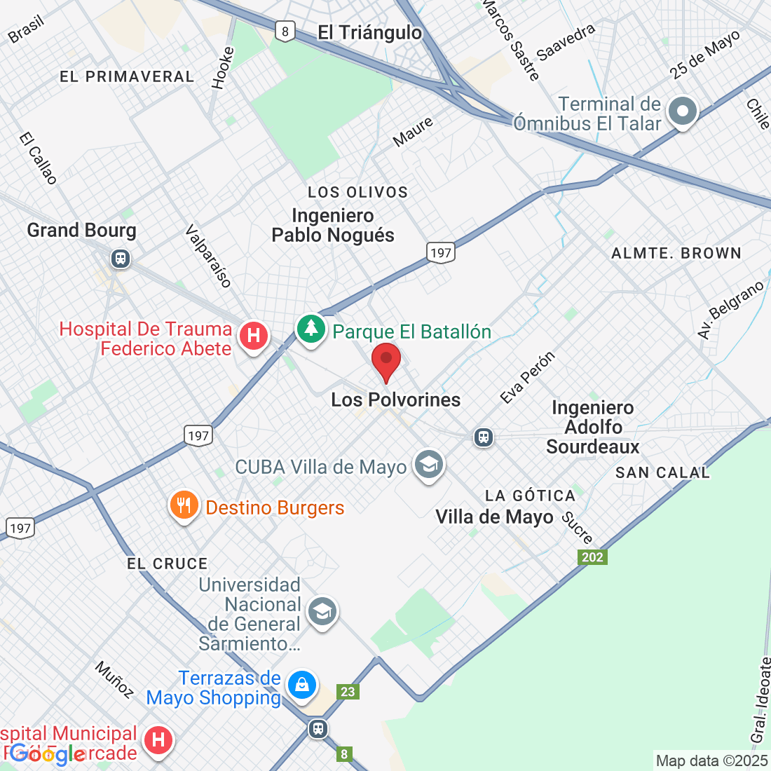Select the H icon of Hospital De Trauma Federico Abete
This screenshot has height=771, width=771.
click(x=254, y=336)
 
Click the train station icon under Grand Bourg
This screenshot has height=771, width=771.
click(x=121, y=259)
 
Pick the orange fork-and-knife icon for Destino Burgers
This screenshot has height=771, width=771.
click(x=184, y=505)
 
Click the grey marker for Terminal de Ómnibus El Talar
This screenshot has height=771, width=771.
click(x=682, y=111)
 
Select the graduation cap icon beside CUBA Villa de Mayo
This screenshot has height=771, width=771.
click(x=428, y=464)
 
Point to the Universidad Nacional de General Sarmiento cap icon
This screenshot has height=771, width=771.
click(x=322, y=611)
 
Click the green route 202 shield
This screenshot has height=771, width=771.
click(x=592, y=557)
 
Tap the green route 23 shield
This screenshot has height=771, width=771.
click(x=348, y=692)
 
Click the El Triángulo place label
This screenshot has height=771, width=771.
click(x=369, y=32)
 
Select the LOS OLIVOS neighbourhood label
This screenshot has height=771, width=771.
click(x=357, y=192)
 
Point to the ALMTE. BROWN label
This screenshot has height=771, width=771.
click(x=676, y=253)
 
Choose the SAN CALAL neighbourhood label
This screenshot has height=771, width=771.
click(x=662, y=473)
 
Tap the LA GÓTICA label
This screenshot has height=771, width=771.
click(x=530, y=496)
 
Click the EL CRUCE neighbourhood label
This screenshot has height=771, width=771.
click(x=168, y=564)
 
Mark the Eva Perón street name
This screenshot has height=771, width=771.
click(x=528, y=377)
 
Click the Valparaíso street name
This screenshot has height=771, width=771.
click(x=208, y=256)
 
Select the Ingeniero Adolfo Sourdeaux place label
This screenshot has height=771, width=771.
click(x=593, y=427)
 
